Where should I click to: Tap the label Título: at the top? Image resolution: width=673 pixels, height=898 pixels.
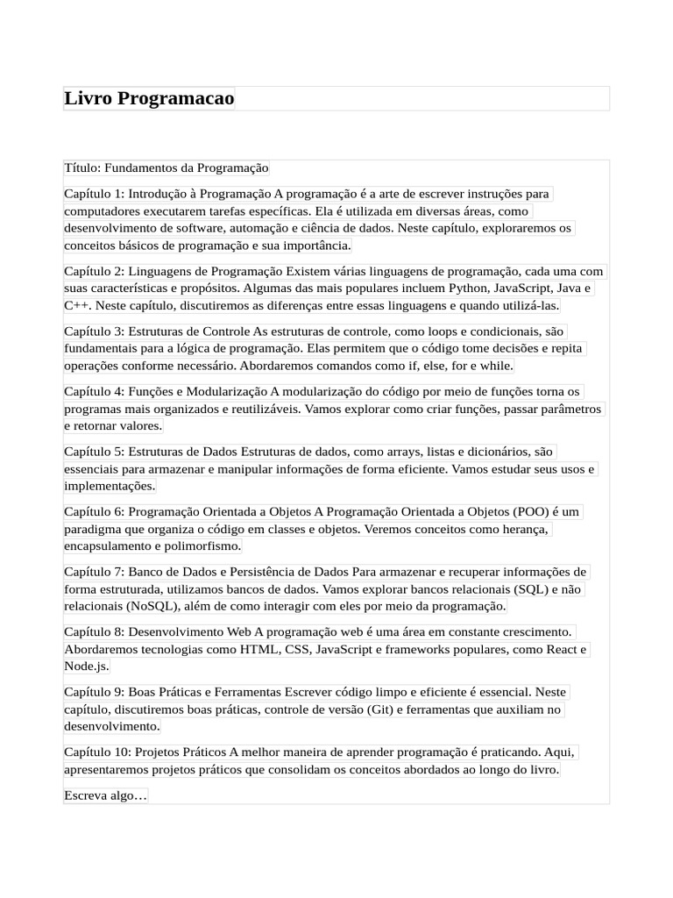[82, 167]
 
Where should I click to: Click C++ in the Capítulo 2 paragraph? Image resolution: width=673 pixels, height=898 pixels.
[75, 305]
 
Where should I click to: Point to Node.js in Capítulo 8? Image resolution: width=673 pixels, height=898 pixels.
[86, 666]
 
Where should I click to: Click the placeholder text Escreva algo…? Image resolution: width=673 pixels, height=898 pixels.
[106, 795]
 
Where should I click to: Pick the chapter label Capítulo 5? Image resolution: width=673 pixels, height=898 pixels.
[95, 452]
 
